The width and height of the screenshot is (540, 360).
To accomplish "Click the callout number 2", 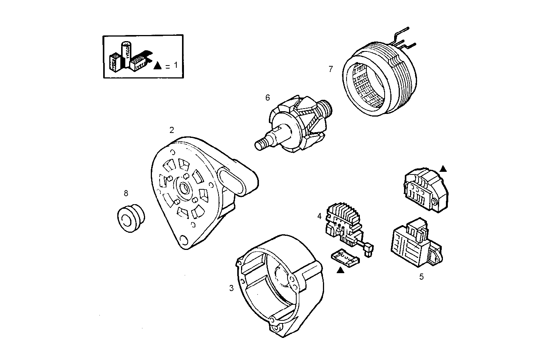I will [x=172, y=130].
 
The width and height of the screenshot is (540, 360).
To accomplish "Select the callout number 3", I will [x=231, y=288].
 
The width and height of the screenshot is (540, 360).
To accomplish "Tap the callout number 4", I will [x=319, y=216].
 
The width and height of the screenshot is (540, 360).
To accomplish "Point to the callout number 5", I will [x=421, y=277].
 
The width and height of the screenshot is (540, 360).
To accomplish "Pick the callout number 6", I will [x=267, y=98].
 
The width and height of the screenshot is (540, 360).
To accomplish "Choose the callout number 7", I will [x=331, y=69].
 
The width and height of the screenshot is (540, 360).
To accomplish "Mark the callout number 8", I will [x=126, y=193].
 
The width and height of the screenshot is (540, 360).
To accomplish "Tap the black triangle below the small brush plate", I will [x=340, y=270].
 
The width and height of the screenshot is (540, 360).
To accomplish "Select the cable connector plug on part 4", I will [x=369, y=249].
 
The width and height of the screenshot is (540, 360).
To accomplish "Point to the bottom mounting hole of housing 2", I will [x=184, y=239].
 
